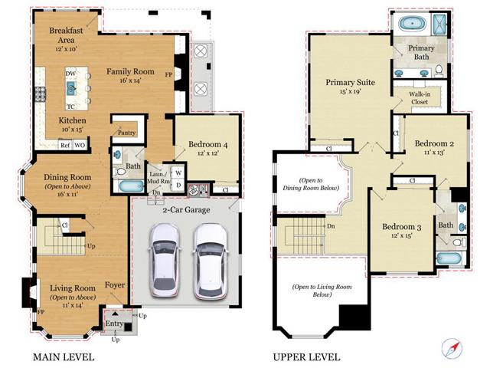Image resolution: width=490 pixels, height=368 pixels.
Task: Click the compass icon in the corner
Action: coord(452,347)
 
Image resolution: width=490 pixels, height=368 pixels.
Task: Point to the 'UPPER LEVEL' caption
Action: coord(306,356)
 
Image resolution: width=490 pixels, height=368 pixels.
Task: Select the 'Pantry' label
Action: coord(126,132)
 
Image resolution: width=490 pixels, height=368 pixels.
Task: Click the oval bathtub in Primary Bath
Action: coord(413,24)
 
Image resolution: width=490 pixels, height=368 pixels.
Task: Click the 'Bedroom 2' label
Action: coord(435,143)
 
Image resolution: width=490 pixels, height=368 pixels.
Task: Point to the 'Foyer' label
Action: coord(115,288)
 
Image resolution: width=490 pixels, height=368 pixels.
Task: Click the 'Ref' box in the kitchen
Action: coord(65,144)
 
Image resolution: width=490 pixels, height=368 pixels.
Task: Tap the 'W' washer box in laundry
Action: coord(178,172)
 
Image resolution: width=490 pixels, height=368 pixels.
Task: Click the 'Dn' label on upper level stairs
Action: coord(331,227)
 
